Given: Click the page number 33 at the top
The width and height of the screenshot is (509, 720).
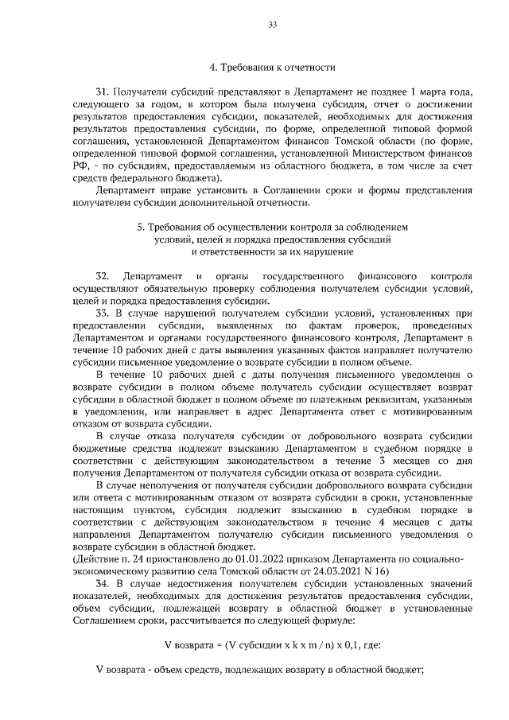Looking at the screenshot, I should click(x=271, y=25).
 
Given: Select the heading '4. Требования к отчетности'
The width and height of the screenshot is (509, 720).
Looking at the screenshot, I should click(x=271, y=68).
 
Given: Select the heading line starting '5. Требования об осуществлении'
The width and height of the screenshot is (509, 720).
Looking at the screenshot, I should click(x=271, y=228).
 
